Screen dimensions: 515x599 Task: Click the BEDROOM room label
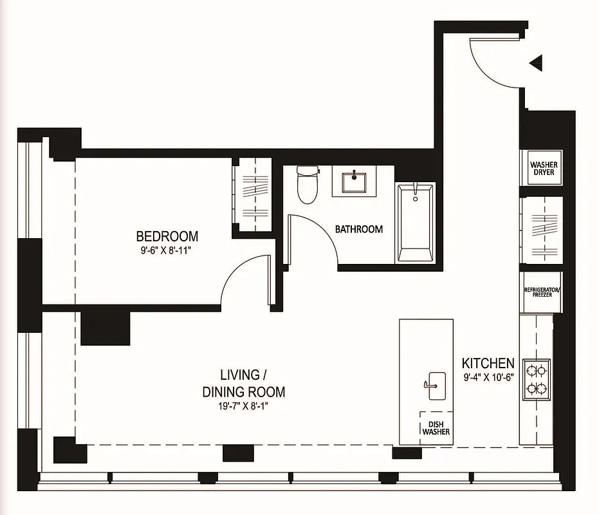tap(167, 236)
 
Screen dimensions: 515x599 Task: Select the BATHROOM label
tap(358, 229)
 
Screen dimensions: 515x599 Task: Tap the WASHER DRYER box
tap(543, 168)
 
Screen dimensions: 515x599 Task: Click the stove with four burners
tap(537, 379)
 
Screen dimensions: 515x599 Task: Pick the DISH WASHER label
tap(436, 427)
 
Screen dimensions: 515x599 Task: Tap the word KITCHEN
tap(488, 364)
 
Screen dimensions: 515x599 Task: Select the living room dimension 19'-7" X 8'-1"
tap(243, 406)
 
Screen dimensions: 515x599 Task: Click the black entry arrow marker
tap(535, 62)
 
